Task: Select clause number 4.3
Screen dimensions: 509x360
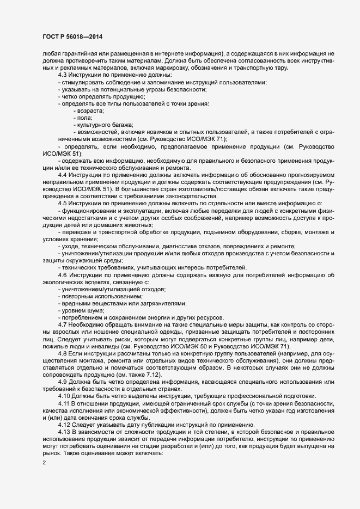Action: coord(63,74)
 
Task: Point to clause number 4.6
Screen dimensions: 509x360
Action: coord(63,274)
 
